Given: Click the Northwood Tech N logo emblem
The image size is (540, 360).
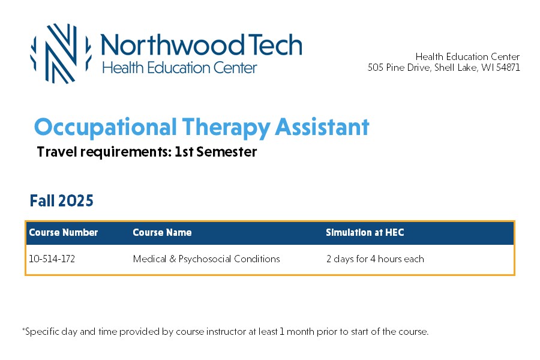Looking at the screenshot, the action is (61, 54).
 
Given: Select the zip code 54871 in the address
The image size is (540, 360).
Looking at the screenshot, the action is (508, 67).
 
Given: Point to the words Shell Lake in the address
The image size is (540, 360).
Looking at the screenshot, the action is (455, 67).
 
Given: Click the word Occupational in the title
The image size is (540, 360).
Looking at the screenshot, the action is (106, 128).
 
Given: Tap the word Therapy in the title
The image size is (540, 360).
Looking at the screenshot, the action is (226, 128).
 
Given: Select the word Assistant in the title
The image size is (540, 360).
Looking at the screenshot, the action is (322, 127).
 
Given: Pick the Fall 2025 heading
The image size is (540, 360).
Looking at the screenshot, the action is (61, 200).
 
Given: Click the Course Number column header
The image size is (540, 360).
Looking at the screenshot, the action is (64, 232).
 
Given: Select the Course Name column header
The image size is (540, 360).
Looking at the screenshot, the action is (162, 232).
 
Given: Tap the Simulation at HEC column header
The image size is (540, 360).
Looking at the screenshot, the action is (365, 232).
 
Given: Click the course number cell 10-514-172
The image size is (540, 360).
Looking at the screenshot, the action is (52, 259).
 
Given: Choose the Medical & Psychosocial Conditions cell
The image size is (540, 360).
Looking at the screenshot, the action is (206, 259).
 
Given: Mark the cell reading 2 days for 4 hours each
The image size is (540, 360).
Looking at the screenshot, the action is (375, 259).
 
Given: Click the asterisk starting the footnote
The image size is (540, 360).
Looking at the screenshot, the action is (23, 329).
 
